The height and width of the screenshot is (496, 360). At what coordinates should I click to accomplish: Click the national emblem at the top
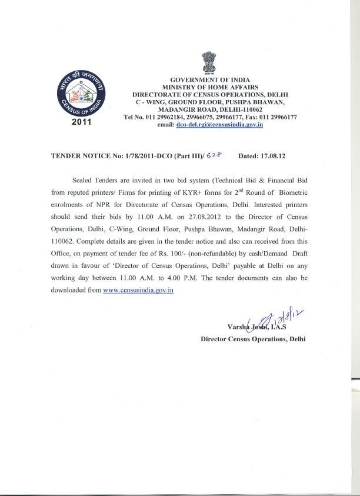click(209, 61)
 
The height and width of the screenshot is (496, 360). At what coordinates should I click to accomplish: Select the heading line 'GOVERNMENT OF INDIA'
click(210, 79)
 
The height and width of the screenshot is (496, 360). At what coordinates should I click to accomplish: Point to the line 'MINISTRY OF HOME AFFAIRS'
click(210, 87)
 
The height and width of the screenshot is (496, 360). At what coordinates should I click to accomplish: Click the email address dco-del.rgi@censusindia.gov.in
click(218, 125)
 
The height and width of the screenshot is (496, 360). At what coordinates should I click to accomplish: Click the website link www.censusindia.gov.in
click(138, 291)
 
